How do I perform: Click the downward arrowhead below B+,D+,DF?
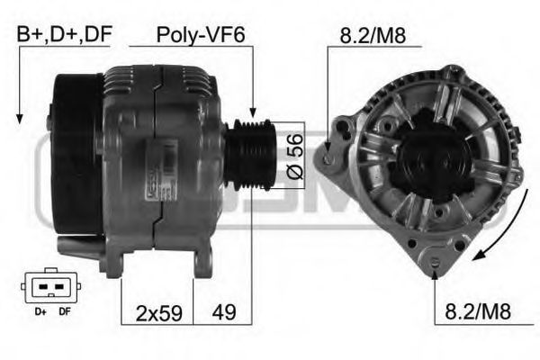19,117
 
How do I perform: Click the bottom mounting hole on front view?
436,262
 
